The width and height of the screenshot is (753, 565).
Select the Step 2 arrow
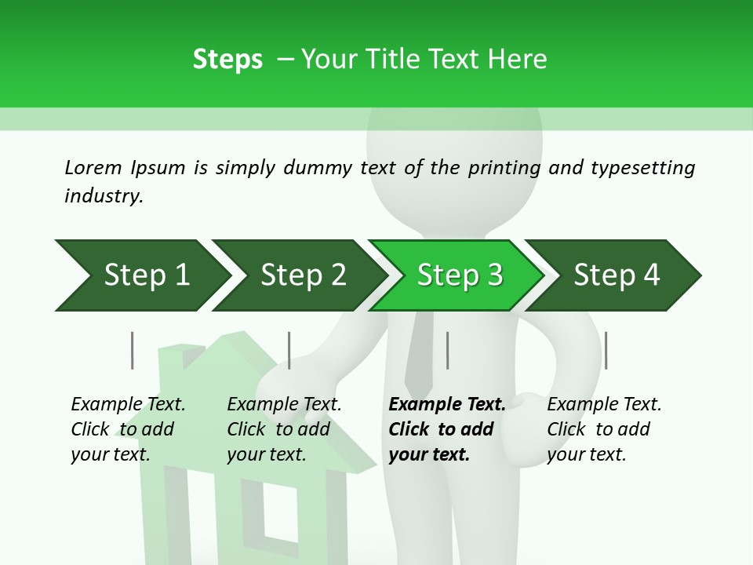point(303,275)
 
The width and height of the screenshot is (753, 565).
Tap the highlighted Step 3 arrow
point(460,275)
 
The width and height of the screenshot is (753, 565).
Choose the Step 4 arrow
point(617,275)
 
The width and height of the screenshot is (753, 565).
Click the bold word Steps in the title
point(227,59)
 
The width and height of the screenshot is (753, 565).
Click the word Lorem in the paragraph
point(93,167)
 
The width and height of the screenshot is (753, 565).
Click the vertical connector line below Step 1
point(132,350)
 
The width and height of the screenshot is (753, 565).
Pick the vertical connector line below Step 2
point(289,350)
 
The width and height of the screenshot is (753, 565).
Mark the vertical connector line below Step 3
point(447,350)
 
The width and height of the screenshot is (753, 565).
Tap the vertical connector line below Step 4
point(606,350)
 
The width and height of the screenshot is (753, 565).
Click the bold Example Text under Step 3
point(447,404)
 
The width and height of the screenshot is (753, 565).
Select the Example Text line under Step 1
point(128,404)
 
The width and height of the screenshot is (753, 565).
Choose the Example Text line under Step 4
point(604,404)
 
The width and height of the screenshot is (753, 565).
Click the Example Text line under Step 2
point(284,404)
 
